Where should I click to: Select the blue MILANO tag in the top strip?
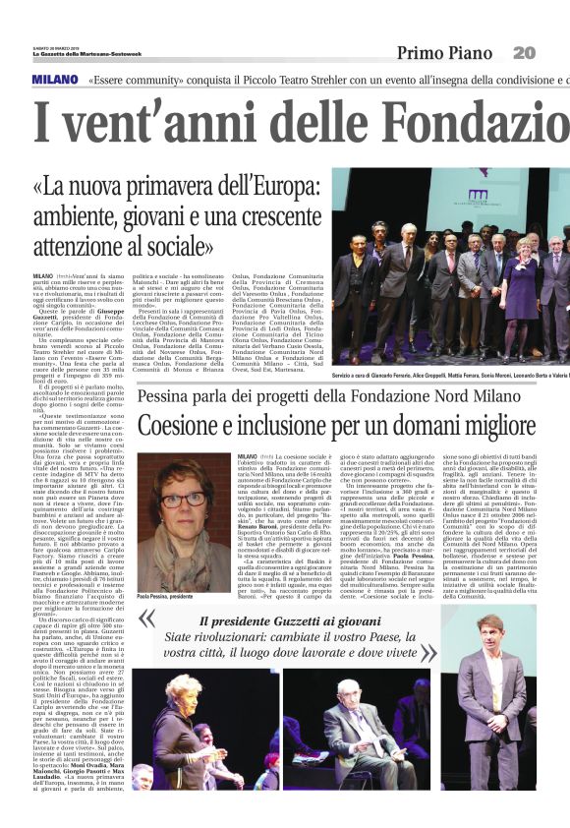tap(53, 79)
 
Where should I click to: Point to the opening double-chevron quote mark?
tap(147, 620)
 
